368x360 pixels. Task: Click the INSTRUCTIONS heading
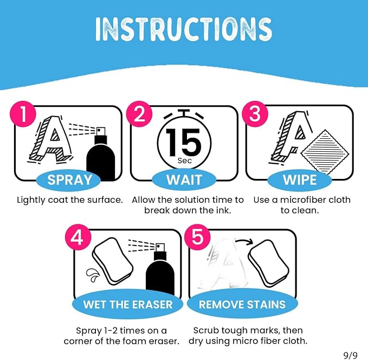(184, 29)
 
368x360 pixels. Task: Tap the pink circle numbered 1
(23, 114)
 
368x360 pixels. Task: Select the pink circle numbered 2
(139, 114)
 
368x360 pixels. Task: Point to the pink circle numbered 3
(255, 114)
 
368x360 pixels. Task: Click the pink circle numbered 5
(198, 237)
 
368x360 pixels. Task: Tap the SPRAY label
(69, 180)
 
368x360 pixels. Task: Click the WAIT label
(184, 180)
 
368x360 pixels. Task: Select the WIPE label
(300, 180)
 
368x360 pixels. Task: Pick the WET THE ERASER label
(128, 304)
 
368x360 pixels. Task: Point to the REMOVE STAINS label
(242, 304)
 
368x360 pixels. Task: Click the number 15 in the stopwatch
(184, 143)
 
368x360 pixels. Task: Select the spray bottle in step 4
(160, 269)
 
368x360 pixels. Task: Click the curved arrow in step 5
(244, 241)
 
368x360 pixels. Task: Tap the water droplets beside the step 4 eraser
(93, 275)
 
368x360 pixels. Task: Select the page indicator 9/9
(351, 355)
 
